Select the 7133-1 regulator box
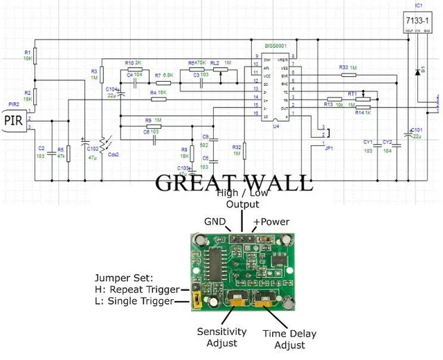[417, 22]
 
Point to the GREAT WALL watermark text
[233, 183]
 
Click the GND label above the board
[215, 222]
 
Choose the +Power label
[271, 222]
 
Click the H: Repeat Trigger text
[137, 289]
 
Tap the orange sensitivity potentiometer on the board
[235, 298]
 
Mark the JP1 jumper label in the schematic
[329, 147]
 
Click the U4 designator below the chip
[275, 126]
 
